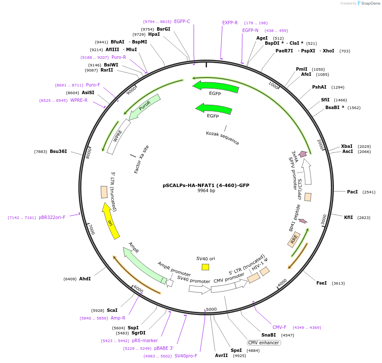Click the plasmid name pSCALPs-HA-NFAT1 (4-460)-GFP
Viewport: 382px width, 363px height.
206,185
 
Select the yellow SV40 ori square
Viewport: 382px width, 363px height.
205,267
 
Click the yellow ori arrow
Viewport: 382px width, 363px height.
110,221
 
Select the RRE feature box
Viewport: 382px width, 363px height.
294,240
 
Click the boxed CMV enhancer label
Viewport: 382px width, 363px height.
264,343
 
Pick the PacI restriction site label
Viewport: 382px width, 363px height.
352,192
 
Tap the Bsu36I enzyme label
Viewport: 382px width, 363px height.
58,151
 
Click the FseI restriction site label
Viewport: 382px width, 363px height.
322,283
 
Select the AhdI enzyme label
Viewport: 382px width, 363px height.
85,279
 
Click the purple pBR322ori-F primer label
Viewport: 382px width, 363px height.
52,217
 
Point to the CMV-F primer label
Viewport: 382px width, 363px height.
279,327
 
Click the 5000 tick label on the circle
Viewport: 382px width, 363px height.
211,309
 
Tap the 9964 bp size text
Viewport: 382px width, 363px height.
206,190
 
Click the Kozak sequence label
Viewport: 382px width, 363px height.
222,138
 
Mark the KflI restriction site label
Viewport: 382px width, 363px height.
348,217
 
